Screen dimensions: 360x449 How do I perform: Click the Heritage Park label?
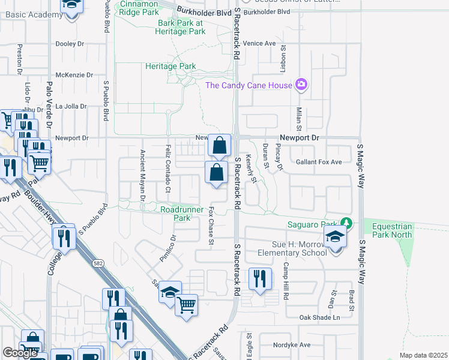[170, 66]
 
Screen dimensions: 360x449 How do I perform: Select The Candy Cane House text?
[249, 85]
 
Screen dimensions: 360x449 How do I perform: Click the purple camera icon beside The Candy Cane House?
[301, 85]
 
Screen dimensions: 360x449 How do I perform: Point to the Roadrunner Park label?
[175, 214]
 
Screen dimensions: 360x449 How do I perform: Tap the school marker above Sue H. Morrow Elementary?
[336, 238]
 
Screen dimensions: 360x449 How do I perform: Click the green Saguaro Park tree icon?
[345, 224]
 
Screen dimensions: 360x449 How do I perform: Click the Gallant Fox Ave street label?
[319, 162]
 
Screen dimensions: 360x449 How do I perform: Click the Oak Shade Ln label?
[320, 317]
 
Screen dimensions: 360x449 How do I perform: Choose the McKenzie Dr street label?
[74, 75]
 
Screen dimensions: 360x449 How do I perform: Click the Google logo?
[20, 353]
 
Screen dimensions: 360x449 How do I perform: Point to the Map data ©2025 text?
[424, 355]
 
